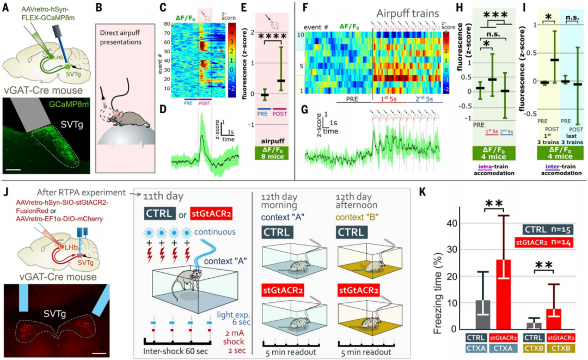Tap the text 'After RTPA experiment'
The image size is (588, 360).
[69, 193]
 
